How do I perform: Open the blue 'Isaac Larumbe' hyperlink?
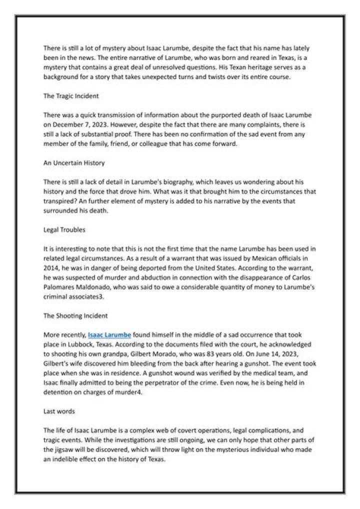coord(109,334)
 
